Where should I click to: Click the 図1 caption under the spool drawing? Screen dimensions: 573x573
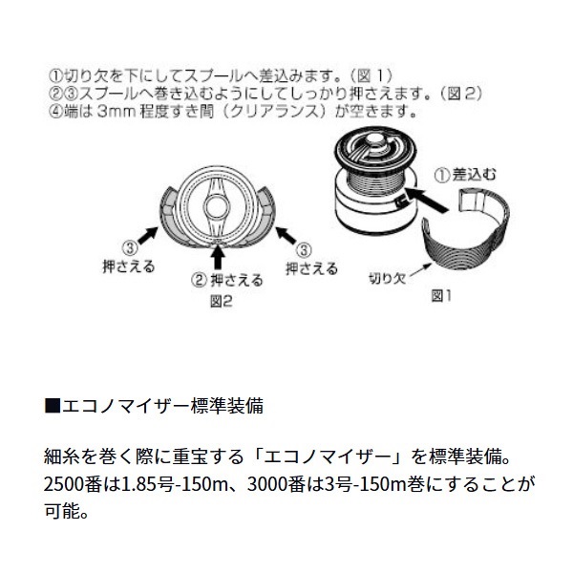440,295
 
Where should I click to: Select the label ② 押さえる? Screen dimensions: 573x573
221,281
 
